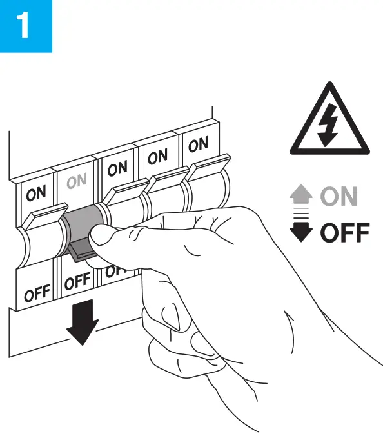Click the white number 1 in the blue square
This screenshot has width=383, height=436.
[x=25, y=26]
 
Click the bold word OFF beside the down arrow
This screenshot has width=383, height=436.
[x=345, y=232]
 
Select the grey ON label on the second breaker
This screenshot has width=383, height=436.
[x=76, y=182]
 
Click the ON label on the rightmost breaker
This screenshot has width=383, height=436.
[x=198, y=145]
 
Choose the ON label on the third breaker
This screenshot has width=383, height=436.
[x=117, y=170]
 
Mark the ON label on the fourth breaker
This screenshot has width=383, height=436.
[x=157, y=157]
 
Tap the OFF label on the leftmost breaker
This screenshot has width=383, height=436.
[x=37, y=293]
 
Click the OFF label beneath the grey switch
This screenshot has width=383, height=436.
[x=77, y=281]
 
